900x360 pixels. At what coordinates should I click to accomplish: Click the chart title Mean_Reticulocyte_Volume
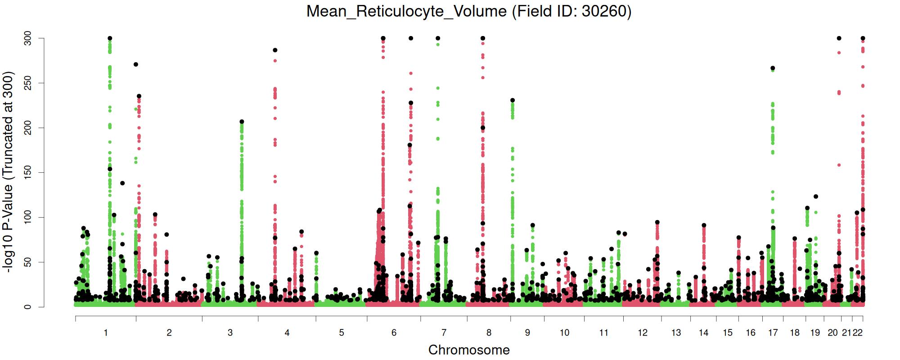[407, 11]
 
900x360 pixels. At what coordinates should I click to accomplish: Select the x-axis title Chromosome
[469, 350]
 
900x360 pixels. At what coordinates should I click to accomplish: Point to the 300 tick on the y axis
[28, 39]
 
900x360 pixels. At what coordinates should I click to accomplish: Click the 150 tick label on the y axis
[28, 173]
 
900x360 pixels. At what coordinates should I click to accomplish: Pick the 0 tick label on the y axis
[28, 307]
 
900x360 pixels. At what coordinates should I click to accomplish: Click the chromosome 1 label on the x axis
[106, 333]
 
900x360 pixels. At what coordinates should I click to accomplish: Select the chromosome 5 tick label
[342, 333]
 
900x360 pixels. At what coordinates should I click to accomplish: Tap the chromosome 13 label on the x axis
[676, 333]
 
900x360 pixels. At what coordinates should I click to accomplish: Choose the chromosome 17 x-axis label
[773, 333]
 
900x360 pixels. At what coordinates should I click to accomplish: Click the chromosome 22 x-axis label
[858, 333]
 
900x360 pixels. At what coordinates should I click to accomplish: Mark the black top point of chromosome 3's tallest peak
[242, 121]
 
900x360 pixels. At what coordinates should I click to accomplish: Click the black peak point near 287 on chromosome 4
[275, 50]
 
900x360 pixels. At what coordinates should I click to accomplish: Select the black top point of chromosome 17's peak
[773, 68]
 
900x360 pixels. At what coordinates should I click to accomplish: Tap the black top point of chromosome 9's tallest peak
[512, 100]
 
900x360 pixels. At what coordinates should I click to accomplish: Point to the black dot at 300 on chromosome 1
[110, 38]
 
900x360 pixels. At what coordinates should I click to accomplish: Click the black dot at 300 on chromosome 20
[839, 38]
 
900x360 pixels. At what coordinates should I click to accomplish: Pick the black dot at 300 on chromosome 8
[483, 38]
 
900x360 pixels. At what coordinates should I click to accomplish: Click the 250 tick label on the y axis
[28, 83]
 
